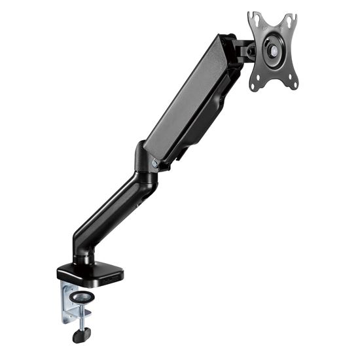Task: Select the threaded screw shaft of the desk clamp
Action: tap(81, 315)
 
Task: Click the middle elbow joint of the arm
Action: tap(145, 164)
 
